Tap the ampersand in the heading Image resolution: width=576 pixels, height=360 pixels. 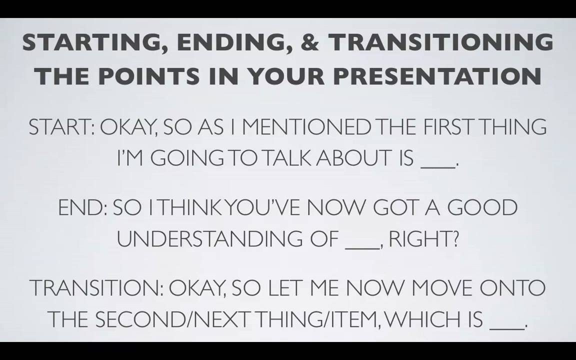point(310,41)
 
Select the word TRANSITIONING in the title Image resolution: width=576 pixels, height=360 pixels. point(441,41)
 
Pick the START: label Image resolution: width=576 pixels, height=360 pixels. point(61,126)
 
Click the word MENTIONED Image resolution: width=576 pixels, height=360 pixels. point(307,126)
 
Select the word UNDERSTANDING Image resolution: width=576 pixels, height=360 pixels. point(210,239)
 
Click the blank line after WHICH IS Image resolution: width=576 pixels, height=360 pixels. point(507,328)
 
